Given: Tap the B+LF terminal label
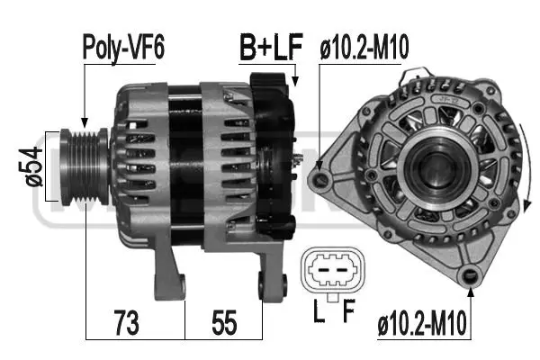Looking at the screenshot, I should coord(270,46).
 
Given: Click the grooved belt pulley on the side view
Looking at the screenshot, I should coord(82,163).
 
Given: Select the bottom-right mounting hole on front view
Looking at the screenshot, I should coord(468,275).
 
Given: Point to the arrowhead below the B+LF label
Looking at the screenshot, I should coord(294,82).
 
